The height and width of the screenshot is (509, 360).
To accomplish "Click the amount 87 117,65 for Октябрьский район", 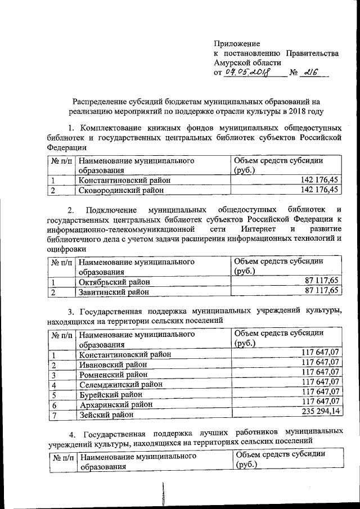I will click(x=321, y=281).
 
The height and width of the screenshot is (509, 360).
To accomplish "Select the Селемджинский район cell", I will click(x=120, y=385).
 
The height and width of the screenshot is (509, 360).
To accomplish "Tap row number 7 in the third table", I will click(x=54, y=415).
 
